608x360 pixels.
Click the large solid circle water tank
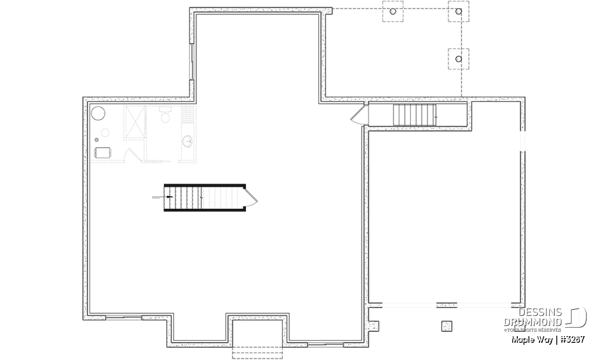(x=98, y=113)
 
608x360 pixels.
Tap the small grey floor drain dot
(x=96, y=140)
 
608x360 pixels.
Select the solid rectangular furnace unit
(x=102, y=152)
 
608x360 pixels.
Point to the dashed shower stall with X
(x=134, y=123)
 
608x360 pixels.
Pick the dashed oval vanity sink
(x=187, y=141)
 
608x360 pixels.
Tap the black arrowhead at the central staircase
(x=170, y=196)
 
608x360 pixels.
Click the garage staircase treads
(x=414, y=115)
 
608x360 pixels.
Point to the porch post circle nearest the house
(x=393, y=12)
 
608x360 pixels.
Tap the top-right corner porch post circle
(x=459, y=12)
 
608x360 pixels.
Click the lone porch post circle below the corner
(x=459, y=59)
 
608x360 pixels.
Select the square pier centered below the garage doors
(x=446, y=326)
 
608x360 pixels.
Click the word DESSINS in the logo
(x=540, y=312)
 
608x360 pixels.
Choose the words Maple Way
(x=532, y=340)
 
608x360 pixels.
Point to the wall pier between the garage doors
(x=446, y=305)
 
